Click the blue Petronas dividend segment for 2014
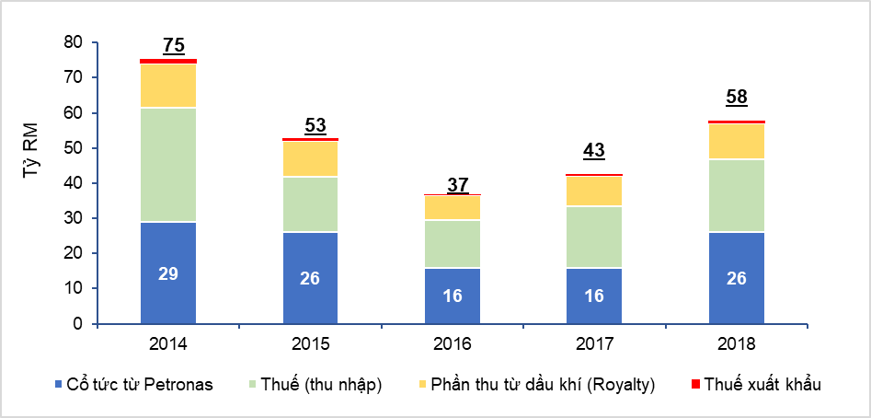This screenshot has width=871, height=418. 168,273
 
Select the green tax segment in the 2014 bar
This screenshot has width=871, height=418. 168,165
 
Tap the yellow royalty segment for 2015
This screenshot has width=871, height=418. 310,158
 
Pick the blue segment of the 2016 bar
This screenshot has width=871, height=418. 452,296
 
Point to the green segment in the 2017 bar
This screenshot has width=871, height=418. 593,237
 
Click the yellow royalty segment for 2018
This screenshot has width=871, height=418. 736,141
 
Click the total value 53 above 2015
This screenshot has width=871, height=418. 315,125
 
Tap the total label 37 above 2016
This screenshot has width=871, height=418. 457,184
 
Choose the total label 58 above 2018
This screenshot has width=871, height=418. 736,98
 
